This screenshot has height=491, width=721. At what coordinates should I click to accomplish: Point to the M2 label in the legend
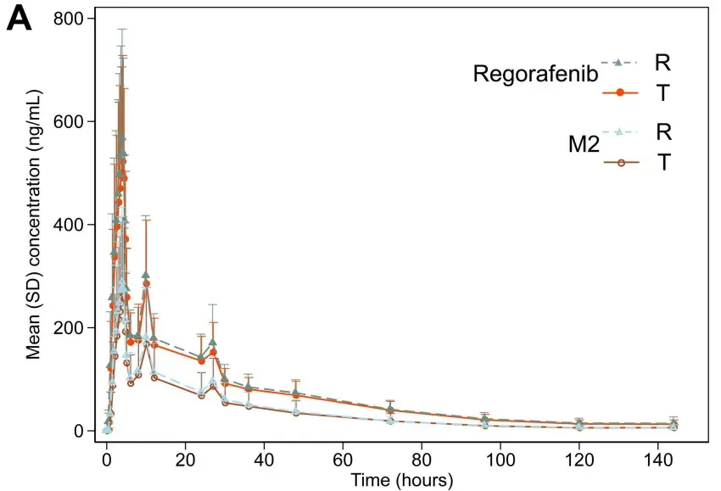click(584, 145)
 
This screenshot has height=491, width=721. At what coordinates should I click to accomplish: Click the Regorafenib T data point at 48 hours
click(296, 395)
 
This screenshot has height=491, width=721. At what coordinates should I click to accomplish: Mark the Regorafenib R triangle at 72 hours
click(390, 409)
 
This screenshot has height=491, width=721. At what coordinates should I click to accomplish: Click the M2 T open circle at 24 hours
click(201, 396)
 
